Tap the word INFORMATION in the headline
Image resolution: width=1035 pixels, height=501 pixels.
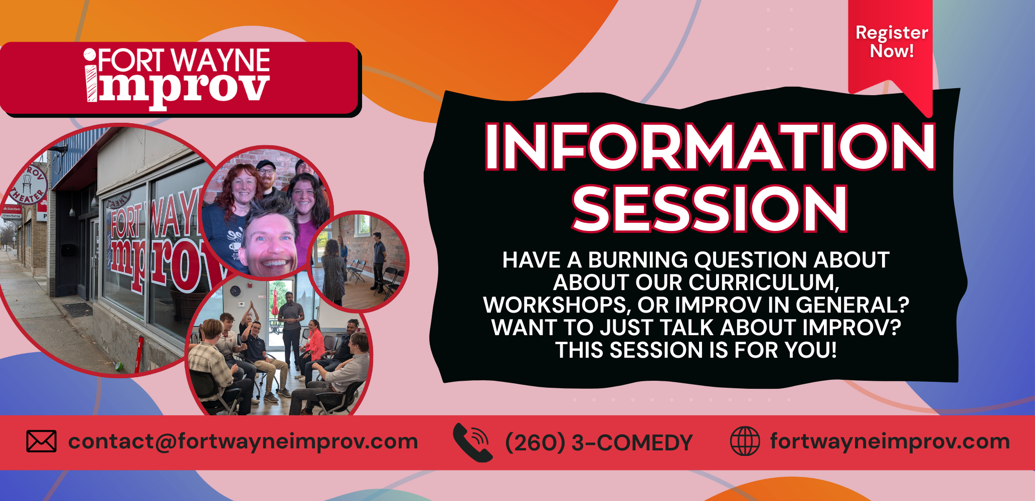(x=710, y=147)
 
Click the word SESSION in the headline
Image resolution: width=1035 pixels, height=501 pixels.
(x=710, y=208)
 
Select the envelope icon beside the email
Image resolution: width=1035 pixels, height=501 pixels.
(x=41, y=441)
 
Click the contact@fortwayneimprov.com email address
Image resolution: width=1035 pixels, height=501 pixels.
(x=243, y=442)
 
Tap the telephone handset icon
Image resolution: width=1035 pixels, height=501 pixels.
(x=472, y=442)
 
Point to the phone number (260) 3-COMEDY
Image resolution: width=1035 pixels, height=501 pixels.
(x=599, y=443)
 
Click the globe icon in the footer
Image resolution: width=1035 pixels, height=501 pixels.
(x=745, y=441)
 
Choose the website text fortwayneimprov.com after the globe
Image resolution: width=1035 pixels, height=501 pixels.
(x=890, y=442)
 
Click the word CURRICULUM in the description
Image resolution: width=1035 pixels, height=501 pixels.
(x=737, y=283)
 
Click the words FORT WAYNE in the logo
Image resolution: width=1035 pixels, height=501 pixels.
(x=184, y=61)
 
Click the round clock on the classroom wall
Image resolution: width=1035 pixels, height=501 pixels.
(x=235, y=291)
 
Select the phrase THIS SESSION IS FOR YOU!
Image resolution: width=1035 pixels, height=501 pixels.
(x=696, y=350)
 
